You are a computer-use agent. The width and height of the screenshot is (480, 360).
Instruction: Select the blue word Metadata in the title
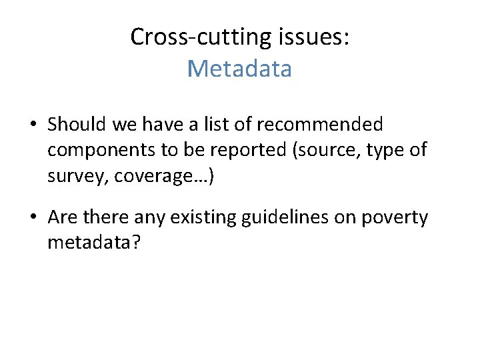point(239,69)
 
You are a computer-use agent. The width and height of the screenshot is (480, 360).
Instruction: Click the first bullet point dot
point(33,125)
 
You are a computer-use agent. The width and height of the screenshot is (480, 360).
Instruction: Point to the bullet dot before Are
point(33,219)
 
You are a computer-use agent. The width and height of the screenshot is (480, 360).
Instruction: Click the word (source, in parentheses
point(321,151)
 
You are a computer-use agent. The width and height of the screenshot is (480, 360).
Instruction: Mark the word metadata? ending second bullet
point(94,243)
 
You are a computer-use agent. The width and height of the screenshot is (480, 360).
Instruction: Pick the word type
point(387,151)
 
